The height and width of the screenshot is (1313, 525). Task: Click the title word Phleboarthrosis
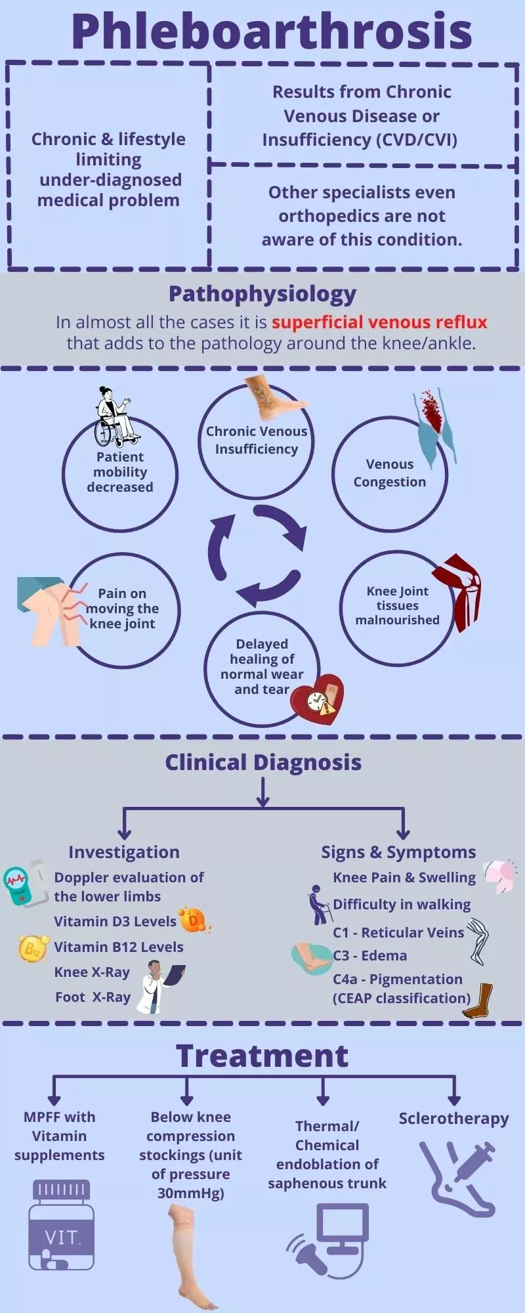coord(271,31)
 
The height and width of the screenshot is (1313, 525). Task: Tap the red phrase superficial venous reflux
coord(379,322)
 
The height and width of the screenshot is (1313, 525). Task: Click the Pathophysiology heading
coord(262,293)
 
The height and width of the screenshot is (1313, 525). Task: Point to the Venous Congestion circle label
coord(390,473)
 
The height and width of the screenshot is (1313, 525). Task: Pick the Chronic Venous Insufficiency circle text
coord(257,440)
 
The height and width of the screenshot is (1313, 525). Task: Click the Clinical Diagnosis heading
coord(262,762)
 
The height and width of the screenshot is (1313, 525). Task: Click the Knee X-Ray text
coord(92,972)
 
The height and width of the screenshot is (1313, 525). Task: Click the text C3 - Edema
coord(370,956)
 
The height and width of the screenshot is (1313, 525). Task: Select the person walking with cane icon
coord(319,905)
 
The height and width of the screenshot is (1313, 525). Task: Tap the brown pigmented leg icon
coord(479,1000)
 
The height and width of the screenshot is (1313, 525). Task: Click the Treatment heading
coord(262,1056)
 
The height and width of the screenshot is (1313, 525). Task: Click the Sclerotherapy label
coord(453,1119)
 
